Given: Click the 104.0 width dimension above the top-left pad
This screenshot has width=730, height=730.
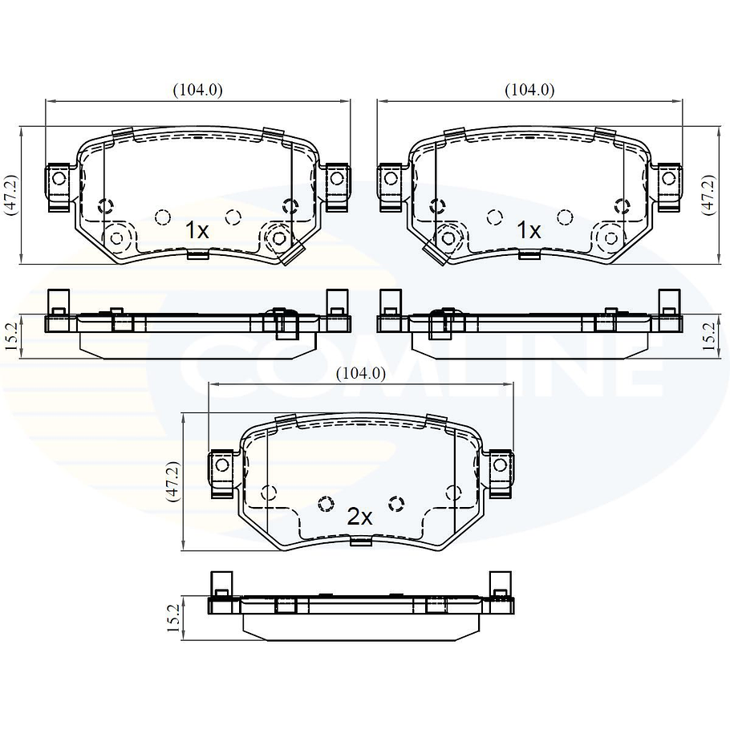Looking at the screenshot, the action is click(198, 90).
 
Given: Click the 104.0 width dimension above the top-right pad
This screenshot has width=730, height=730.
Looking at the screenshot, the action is click(529, 90).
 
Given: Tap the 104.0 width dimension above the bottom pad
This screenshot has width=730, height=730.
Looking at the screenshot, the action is click(361, 373).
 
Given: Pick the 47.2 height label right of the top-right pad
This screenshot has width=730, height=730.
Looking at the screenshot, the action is click(708, 195).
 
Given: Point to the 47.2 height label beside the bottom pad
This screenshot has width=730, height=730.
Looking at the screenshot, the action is click(173, 481).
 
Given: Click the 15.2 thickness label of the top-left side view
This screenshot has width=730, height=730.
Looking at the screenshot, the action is click(13, 337).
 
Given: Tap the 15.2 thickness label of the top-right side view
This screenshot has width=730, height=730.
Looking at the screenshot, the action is click(709, 336).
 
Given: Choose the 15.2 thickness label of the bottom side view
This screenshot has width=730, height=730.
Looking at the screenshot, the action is click(173, 618).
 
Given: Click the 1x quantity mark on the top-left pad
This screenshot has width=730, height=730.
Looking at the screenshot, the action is click(197, 230).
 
